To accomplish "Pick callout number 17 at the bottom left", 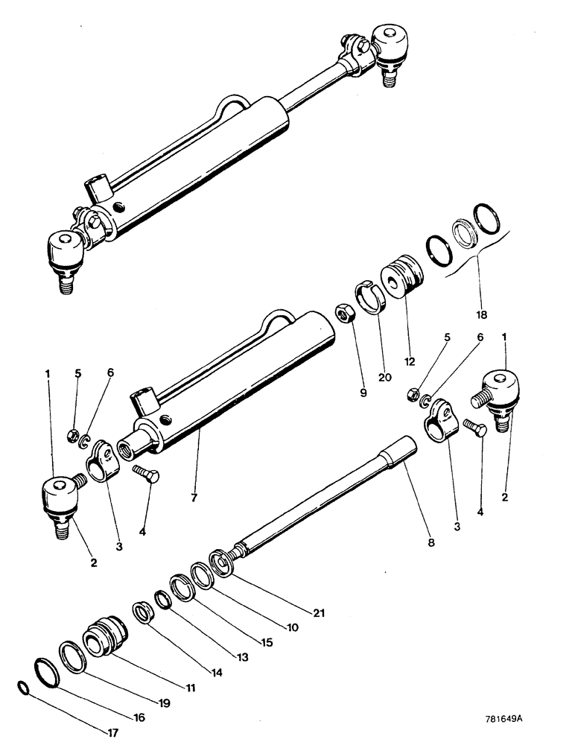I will (113, 732).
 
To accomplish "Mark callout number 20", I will (385, 377).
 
